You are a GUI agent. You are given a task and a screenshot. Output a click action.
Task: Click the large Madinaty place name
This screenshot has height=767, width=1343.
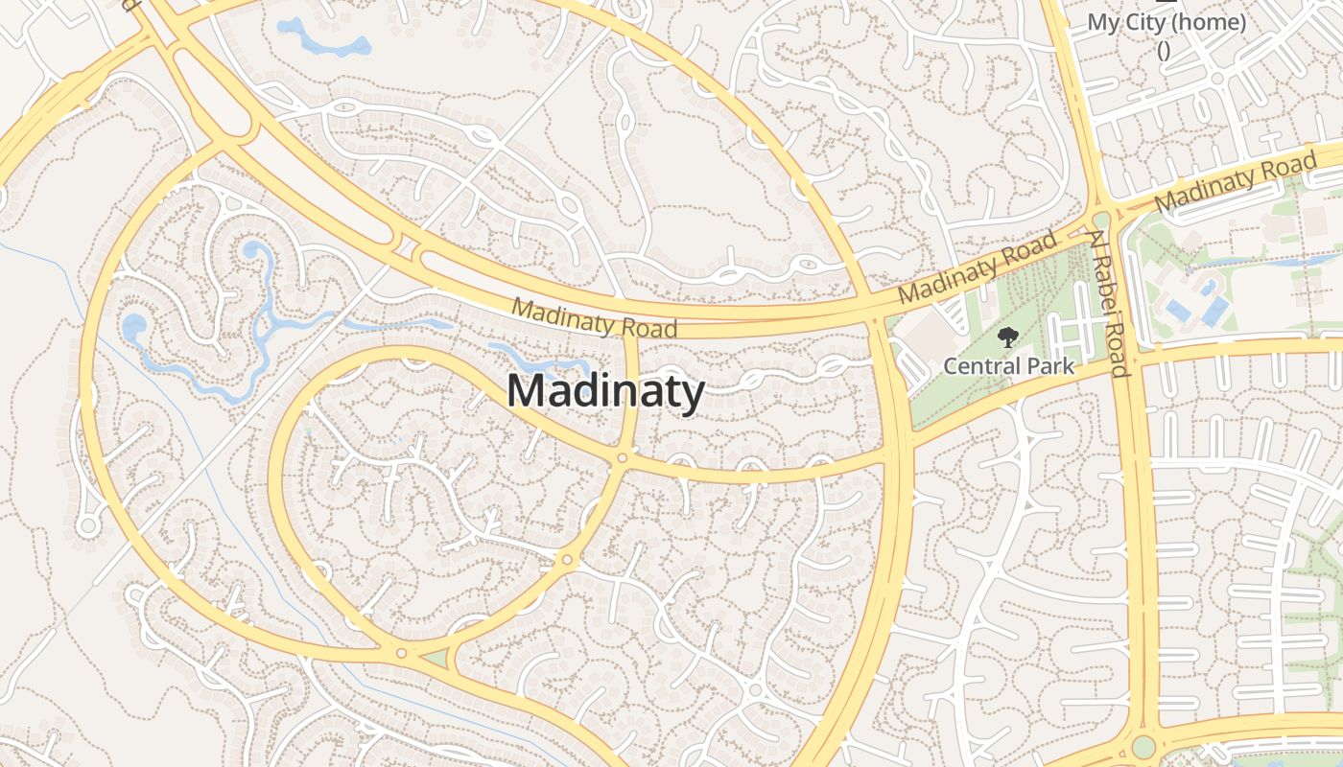coord(605,392)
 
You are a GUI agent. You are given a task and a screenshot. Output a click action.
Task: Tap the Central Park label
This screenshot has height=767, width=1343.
coord(1008,366)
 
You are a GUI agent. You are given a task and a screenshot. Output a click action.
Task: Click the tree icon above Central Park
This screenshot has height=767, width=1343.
coord(1007,337)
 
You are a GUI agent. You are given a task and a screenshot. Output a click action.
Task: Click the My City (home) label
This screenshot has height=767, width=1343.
coord(1166,22)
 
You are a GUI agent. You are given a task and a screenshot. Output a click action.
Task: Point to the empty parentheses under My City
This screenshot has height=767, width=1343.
coord(1164,50)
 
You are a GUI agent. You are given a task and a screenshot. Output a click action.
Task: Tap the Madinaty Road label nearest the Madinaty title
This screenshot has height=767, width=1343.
coord(595,317)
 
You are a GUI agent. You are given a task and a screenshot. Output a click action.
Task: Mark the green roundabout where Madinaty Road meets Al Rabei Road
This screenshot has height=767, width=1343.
coord(1101,221)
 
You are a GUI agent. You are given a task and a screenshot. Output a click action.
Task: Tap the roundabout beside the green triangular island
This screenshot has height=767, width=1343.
coord(401,654)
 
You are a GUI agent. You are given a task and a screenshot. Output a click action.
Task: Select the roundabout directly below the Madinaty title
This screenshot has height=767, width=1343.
coord(622,459)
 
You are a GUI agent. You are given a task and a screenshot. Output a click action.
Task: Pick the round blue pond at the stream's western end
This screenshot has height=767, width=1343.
coord(132,327)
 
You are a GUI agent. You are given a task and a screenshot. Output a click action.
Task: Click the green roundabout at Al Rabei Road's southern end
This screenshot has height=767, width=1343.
coord(1143,746)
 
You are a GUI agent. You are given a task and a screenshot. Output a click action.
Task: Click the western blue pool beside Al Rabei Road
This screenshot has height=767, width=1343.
coord(1177,310)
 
